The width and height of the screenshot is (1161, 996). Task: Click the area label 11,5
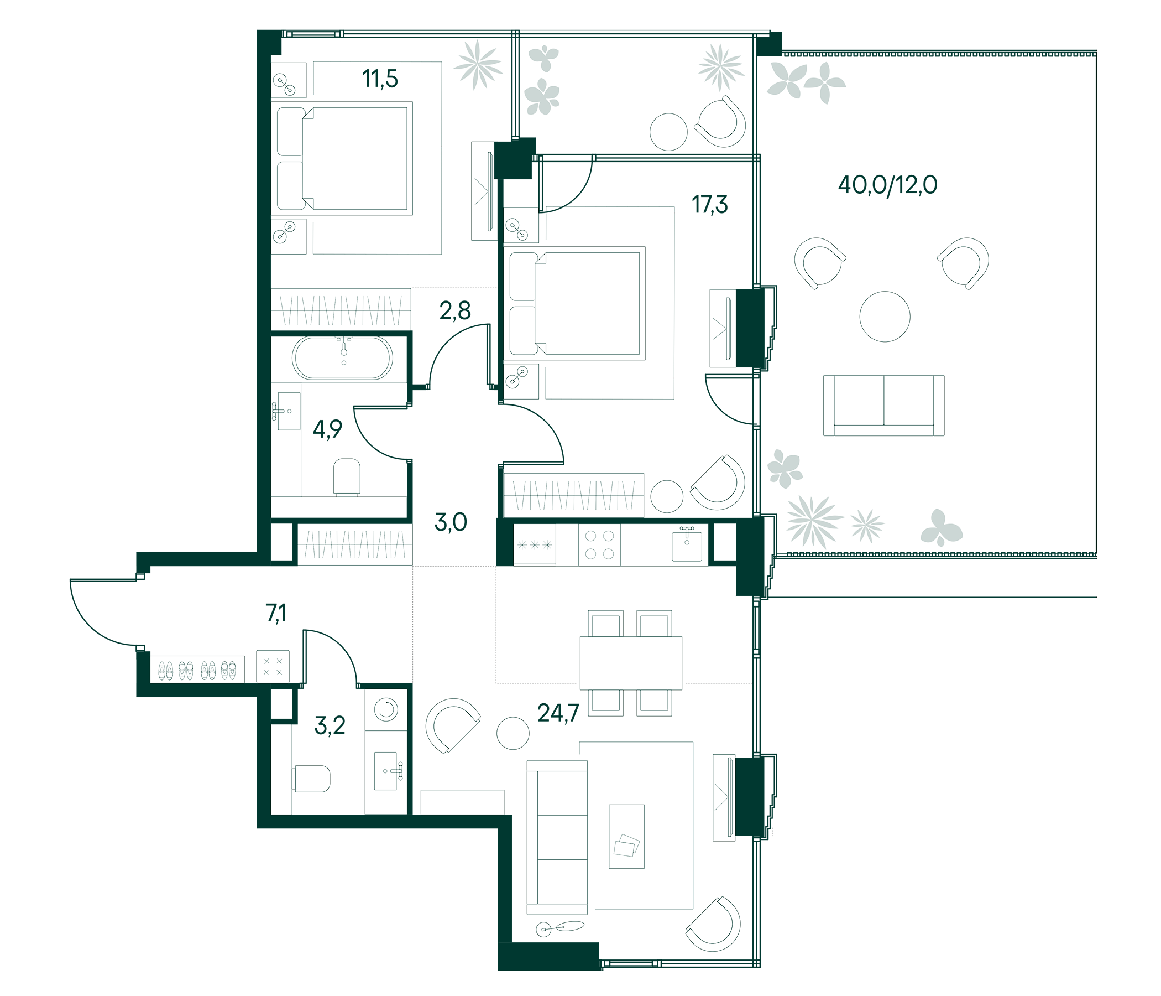tap(380, 79)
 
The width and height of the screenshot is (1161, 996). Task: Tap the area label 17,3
tap(709, 205)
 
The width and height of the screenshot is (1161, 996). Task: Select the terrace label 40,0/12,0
tap(887, 185)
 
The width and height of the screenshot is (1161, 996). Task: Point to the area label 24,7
tap(557, 713)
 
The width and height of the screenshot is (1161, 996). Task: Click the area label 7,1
tap(276, 614)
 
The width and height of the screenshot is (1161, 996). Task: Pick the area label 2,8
tap(454, 310)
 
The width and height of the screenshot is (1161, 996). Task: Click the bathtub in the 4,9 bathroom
tap(342, 358)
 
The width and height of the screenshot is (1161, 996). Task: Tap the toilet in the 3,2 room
tap(312, 779)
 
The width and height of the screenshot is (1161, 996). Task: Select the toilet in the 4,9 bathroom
tap(346, 476)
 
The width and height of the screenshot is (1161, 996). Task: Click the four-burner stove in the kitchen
tap(599, 544)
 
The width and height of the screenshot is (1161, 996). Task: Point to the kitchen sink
tap(687, 544)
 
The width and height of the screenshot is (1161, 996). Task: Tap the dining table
tap(630, 662)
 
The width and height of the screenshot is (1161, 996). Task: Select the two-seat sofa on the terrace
tap(883, 406)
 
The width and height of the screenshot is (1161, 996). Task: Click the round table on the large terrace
tap(884, 317)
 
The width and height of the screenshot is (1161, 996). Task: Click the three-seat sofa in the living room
tap(557, 837)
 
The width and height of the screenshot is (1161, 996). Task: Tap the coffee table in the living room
tap(626, 836)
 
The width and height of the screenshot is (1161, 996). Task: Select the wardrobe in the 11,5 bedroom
tap(341, 309)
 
